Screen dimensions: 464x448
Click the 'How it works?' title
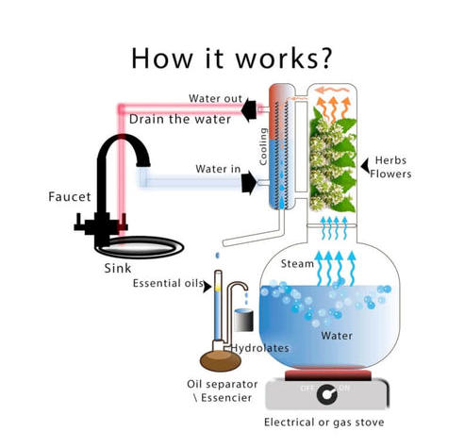[x=232, y=58]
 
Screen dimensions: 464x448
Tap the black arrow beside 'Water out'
[x=249, y=109]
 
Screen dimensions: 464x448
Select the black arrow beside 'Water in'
[x=249, y=182]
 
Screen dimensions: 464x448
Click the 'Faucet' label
[x=70, y=197]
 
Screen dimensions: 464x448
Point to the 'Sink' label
[x=118, y=268]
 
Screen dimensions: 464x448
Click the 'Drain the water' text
[x=180, y=119]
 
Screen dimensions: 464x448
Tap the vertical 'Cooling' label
[x=263, y=146]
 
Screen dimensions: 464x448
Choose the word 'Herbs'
[x=390, y=160]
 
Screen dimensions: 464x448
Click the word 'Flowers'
[x=390, y=174]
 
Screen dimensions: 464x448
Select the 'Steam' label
[x=297, y=263]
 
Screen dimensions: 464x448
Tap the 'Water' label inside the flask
[x=337, y=336]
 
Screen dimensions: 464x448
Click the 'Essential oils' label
[x=168, y=283]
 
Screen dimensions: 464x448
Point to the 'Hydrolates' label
[x=260, y=348]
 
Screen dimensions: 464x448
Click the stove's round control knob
[x=327, y=394]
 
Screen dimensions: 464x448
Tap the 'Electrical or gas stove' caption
[x=324, y=423]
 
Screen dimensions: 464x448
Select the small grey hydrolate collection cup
[x=244, y=320]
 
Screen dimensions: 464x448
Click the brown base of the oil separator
[x=221, y=360]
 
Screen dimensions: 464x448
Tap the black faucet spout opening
[x=143, y=164]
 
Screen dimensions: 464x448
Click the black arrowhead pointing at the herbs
[x=365, y=166]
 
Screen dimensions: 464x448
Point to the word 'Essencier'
[x=226, y=398]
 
